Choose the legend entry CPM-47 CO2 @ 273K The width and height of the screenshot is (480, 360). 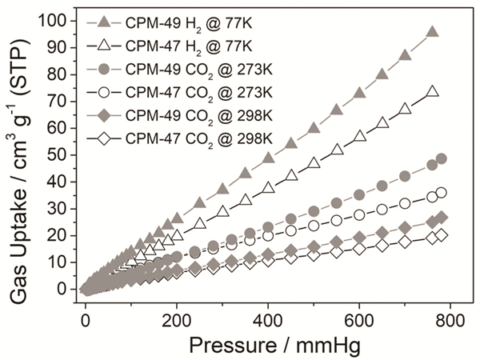click(x=191, y=95)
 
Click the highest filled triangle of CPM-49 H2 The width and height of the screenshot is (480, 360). click(x=432, y=32)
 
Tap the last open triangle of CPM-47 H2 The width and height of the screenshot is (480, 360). click(x=432, y=92)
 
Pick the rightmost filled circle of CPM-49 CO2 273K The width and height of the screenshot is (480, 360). click(x=442, y=158)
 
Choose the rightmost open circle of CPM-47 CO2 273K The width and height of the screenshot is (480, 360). click(x=442, y=193)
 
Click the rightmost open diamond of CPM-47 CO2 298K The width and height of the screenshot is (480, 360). click(x=442, y=235)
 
